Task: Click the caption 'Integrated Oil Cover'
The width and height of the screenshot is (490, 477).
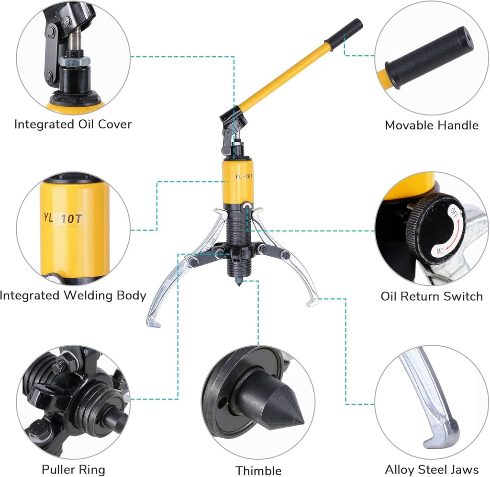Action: pos(73,124)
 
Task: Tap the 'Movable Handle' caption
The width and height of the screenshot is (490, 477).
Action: pos(432,125)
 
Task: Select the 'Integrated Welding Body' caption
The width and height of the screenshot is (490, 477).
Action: pos(73,295)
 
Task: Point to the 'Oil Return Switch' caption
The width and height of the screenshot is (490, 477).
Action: pos(432,296)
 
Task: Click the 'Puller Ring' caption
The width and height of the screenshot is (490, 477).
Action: pos(73,469)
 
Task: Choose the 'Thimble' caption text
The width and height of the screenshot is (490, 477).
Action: pos(258,470)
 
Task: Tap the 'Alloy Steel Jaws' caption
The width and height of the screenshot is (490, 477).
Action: pos(432,469)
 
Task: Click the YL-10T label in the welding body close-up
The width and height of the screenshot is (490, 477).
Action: pos(63,218)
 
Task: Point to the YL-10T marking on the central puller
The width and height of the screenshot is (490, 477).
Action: pos(244,176)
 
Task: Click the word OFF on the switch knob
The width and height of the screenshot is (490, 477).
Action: pos(454,212)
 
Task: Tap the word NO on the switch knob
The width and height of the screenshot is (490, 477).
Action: pos(440,250)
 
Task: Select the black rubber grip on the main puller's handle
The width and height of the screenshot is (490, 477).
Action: pos(344,34)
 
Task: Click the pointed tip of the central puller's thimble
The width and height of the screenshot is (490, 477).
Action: pos(239,285)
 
